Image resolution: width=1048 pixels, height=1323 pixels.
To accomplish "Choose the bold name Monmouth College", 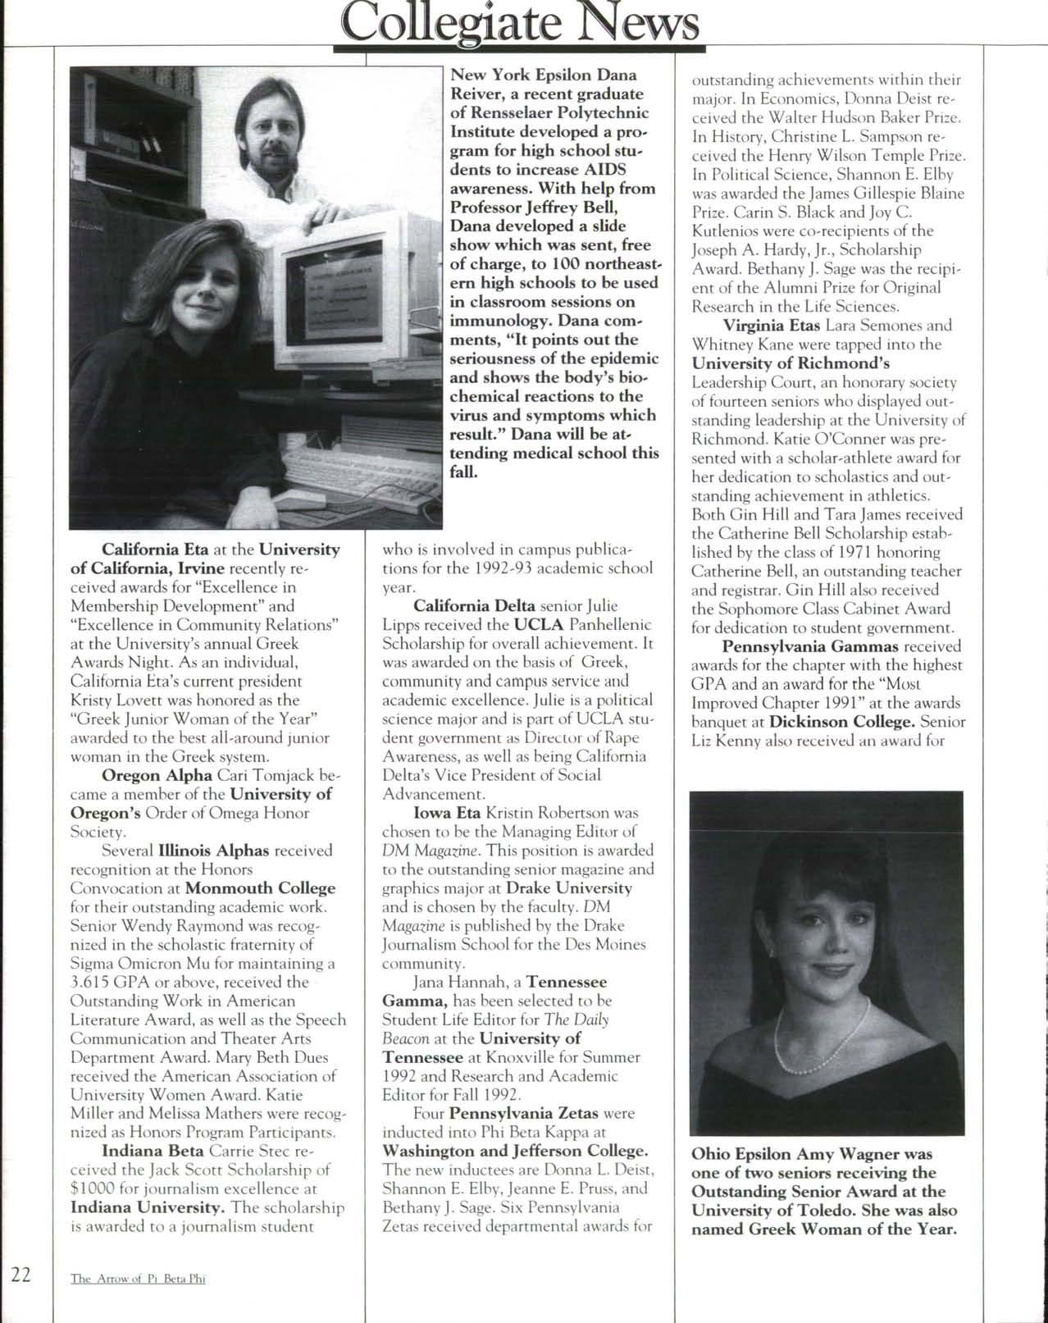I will tap(261, 888).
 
